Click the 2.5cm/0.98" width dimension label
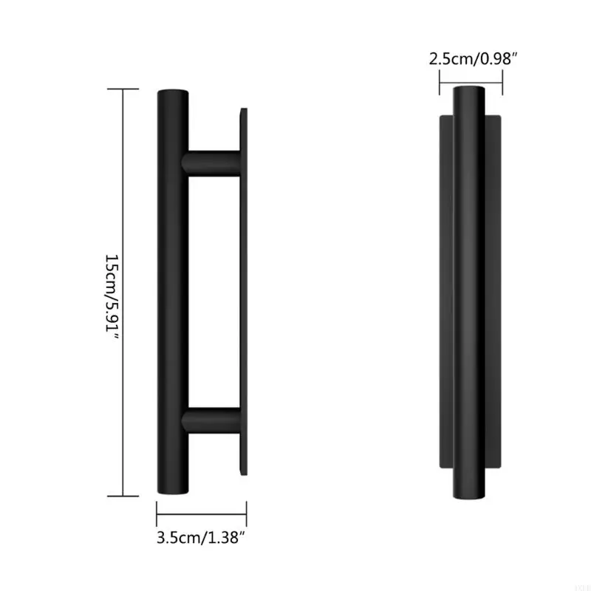(471, 58)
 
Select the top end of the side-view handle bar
(173, 95)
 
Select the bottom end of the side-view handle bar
(173, 489)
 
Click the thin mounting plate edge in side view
(243, 292)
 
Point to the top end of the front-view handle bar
(470, 91)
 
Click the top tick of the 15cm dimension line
(123, 89)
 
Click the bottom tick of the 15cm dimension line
(123, 496)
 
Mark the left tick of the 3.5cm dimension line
(157, 510)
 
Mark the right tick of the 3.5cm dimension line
(246, 510)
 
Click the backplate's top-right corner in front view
(501, 117)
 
